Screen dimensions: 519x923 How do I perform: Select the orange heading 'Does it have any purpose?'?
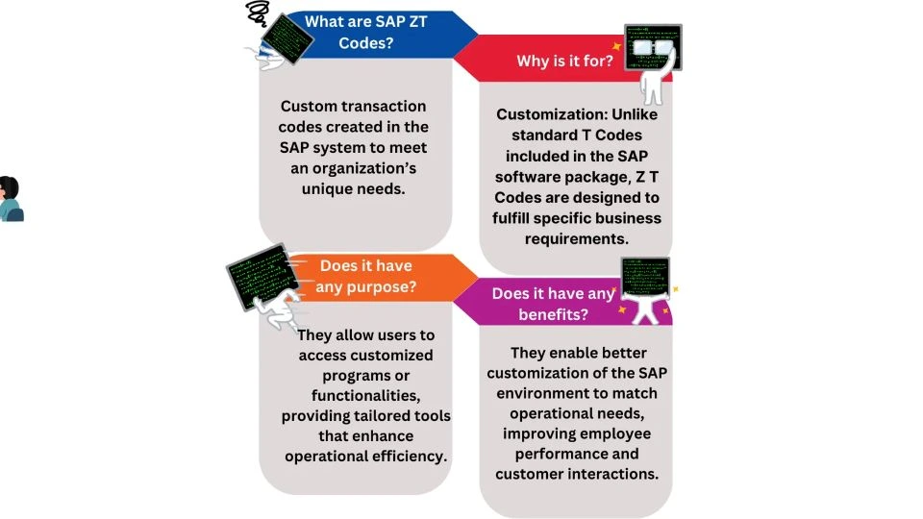tap(365, 276)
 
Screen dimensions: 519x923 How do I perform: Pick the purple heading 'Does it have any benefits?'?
tap(553, 304)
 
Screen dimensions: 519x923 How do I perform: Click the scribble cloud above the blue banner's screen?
tap(258, 12)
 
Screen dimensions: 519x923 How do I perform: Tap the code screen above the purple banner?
tap(645, 276)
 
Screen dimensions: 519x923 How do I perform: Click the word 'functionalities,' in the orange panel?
tap(365, 395)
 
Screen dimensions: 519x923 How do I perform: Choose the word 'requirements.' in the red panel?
tap(576, 238)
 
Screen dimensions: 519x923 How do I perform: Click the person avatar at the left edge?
tap(10, 199)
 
